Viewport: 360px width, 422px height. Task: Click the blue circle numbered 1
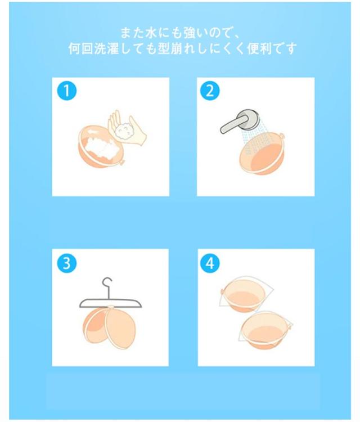tap(67, 91)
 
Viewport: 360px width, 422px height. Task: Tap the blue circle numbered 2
tap(210, 91)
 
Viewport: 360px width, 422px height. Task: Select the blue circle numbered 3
tap(67, 263)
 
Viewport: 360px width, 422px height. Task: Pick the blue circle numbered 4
tap(210, 263)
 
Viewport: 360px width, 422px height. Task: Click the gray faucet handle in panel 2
tap(233, 124)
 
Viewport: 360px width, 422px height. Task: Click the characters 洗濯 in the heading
tap(106, 49)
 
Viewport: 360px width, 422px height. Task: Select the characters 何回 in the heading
tap(80, 49)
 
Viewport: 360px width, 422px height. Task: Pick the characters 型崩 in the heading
tap(170, 49)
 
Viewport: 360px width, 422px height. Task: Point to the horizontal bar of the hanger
tap(110, 303)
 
